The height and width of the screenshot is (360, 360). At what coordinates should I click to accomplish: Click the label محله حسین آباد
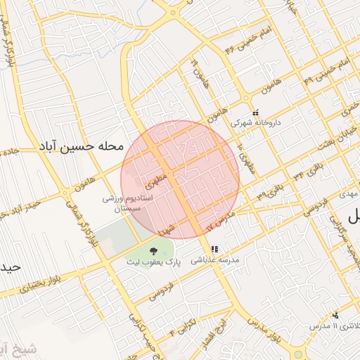83,147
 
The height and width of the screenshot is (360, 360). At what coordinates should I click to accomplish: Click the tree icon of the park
154,250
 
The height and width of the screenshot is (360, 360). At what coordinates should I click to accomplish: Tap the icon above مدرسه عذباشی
214,249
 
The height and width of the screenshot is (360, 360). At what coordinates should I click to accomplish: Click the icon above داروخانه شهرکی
255,112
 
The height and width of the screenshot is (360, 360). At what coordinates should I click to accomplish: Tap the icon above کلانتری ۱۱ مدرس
336,314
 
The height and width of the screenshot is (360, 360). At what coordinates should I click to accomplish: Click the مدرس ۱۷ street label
219,225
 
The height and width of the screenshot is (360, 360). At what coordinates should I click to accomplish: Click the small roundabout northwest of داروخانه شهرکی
247,96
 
